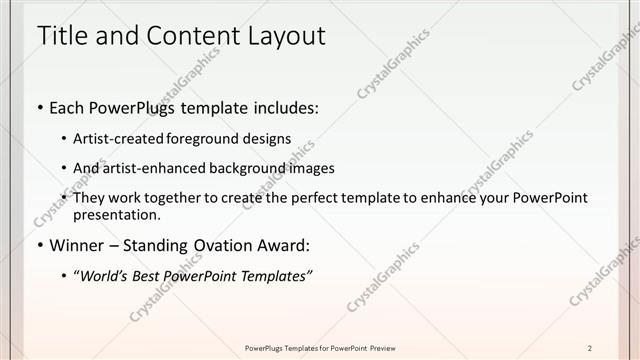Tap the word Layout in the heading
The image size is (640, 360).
point(282,37)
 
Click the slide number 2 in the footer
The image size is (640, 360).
point(590,347)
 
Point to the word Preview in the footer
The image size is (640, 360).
point(382,347)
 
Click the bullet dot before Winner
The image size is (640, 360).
point(39,245)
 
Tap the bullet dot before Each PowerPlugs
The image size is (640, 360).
point(39,107)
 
